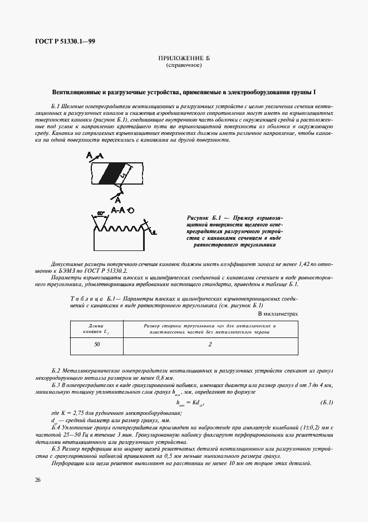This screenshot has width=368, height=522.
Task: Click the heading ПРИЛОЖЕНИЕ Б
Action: point(184,59)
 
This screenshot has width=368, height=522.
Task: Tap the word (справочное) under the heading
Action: point(184,66)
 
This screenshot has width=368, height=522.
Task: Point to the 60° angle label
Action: point(101,214)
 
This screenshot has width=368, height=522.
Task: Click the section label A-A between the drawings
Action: point(117,210)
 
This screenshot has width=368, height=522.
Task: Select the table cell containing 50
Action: point(97,345)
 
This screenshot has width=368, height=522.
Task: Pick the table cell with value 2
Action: point(210,345)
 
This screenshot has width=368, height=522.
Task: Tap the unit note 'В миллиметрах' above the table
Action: point(278,313)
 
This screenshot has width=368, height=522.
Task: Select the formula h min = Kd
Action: point(189,403)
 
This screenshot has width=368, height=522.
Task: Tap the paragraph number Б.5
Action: point(56,448)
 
